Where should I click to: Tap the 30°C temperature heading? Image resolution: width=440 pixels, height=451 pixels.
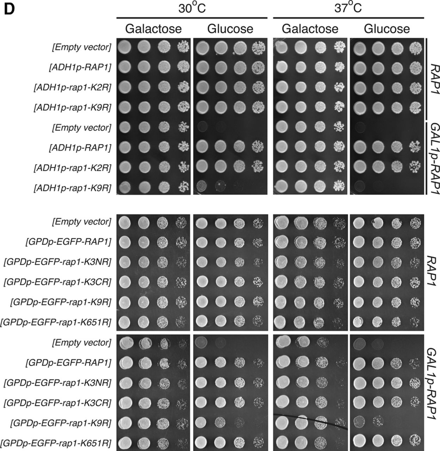[x=192, y=8]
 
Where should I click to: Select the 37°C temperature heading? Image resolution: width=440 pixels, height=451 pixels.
[x=348, y=8]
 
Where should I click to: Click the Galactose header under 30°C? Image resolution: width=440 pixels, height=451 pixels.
[x=153, y=29]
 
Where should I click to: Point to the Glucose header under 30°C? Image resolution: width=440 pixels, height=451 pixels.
[x=230, y=29]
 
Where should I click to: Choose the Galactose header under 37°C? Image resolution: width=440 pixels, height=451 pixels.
[x=310, y=29]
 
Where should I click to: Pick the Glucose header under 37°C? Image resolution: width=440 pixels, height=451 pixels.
[x=387, y=29]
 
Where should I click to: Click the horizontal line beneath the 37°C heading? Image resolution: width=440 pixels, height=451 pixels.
[x=349, y=18]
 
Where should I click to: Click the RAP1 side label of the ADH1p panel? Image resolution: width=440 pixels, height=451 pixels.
[x=433, y=79]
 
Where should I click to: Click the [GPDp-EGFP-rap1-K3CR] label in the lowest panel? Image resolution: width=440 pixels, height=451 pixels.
[x=57, y=403]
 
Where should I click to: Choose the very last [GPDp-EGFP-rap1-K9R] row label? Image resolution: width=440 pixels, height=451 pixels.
[x=61, y=423]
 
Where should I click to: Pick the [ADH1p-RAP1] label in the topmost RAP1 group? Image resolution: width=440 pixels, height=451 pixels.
[x=80, y=67]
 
